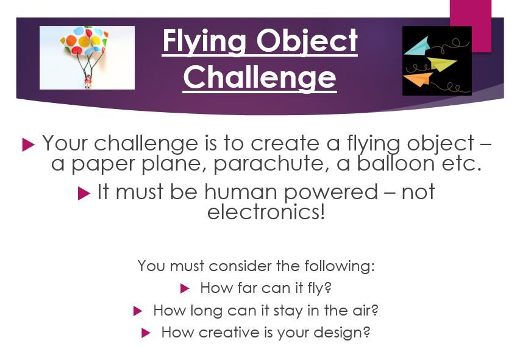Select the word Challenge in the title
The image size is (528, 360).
(260, 77)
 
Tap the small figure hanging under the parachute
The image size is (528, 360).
(87, 82)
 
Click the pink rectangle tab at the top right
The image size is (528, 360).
(470, 24)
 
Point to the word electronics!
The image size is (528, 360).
(266, 213)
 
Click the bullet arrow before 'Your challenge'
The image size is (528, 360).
(27, 145)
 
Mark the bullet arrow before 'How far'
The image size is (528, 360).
(185, 289)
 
